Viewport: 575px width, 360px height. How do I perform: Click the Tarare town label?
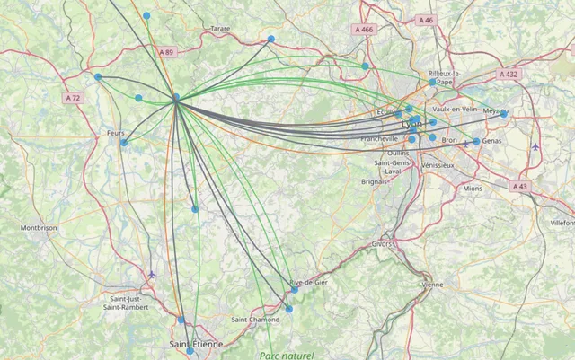pyautogui.click(x=220, y=29)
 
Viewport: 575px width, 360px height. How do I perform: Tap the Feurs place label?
pyautogui.click(x=115, y=132)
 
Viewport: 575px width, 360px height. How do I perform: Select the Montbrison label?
pyautogui.click(x=39, y=228)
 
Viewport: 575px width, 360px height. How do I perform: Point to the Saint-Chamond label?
pyautogui.click(x=255, y=320)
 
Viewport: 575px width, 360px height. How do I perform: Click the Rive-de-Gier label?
pyautogui.click(x=308, y=283)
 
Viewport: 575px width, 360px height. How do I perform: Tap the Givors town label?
pyautogui.click(x=383, y=243)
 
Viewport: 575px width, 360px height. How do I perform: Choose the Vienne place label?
pyautogui.click(x=432, y=285)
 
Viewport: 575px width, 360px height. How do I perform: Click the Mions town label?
pyautogui.click(x=473, y=189)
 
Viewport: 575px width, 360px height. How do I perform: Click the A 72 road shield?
pyautogui.click(x=73, y=97)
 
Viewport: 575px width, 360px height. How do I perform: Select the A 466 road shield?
pyautogui.click(x=363, y=30)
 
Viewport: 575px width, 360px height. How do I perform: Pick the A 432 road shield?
pyautogui.click(x=509, y=75)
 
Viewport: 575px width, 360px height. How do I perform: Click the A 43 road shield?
pyautogui.click(x=520, y=186)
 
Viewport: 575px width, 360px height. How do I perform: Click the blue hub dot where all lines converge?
pyautogui.click(x=176, y=98)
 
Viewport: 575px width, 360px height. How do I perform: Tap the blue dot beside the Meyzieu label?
pyautogui.click(x=504, y=115)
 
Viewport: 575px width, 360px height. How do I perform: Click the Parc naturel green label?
pyautogui.click(x=287, y=356)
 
